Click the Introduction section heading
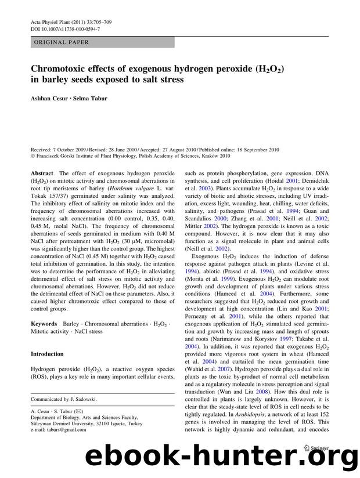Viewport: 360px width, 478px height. [x=47, y=354]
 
